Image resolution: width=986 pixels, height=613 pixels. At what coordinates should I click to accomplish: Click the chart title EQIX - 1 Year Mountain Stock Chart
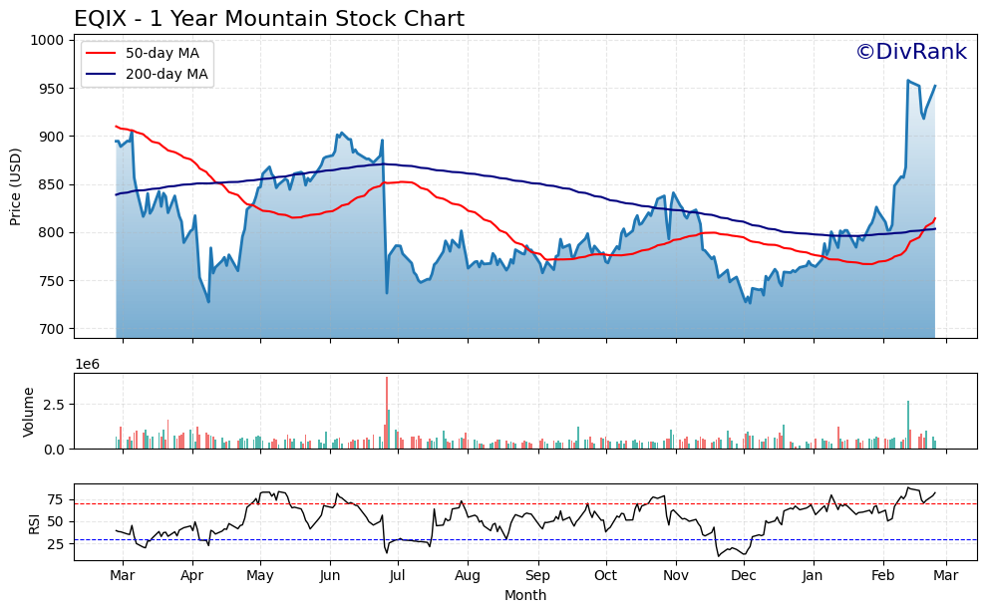tap(269, 19)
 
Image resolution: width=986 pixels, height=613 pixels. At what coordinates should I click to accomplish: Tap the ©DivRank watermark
tap(910, 52)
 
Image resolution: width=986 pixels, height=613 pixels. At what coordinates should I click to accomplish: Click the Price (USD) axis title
tap(16, 186)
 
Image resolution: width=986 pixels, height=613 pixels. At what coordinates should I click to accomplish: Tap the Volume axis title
tap(29, 411)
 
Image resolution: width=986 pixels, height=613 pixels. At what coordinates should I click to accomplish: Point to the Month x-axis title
tap(524, 596)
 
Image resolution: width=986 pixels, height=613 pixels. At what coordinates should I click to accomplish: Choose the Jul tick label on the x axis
tap(398, 576)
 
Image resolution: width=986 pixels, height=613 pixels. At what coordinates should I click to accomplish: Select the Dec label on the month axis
tap(744, 576)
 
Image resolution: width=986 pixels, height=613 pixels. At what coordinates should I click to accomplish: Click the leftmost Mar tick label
tap(123, 576)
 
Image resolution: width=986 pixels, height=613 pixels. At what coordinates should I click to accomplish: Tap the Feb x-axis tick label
tap(883, 576)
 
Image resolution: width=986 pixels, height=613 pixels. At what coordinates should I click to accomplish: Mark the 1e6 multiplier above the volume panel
tap(88, 366)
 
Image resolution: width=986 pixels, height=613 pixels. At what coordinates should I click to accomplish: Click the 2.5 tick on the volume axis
tap(54, 404)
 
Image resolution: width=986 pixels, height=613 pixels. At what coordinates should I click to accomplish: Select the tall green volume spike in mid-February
tap(908, 424)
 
